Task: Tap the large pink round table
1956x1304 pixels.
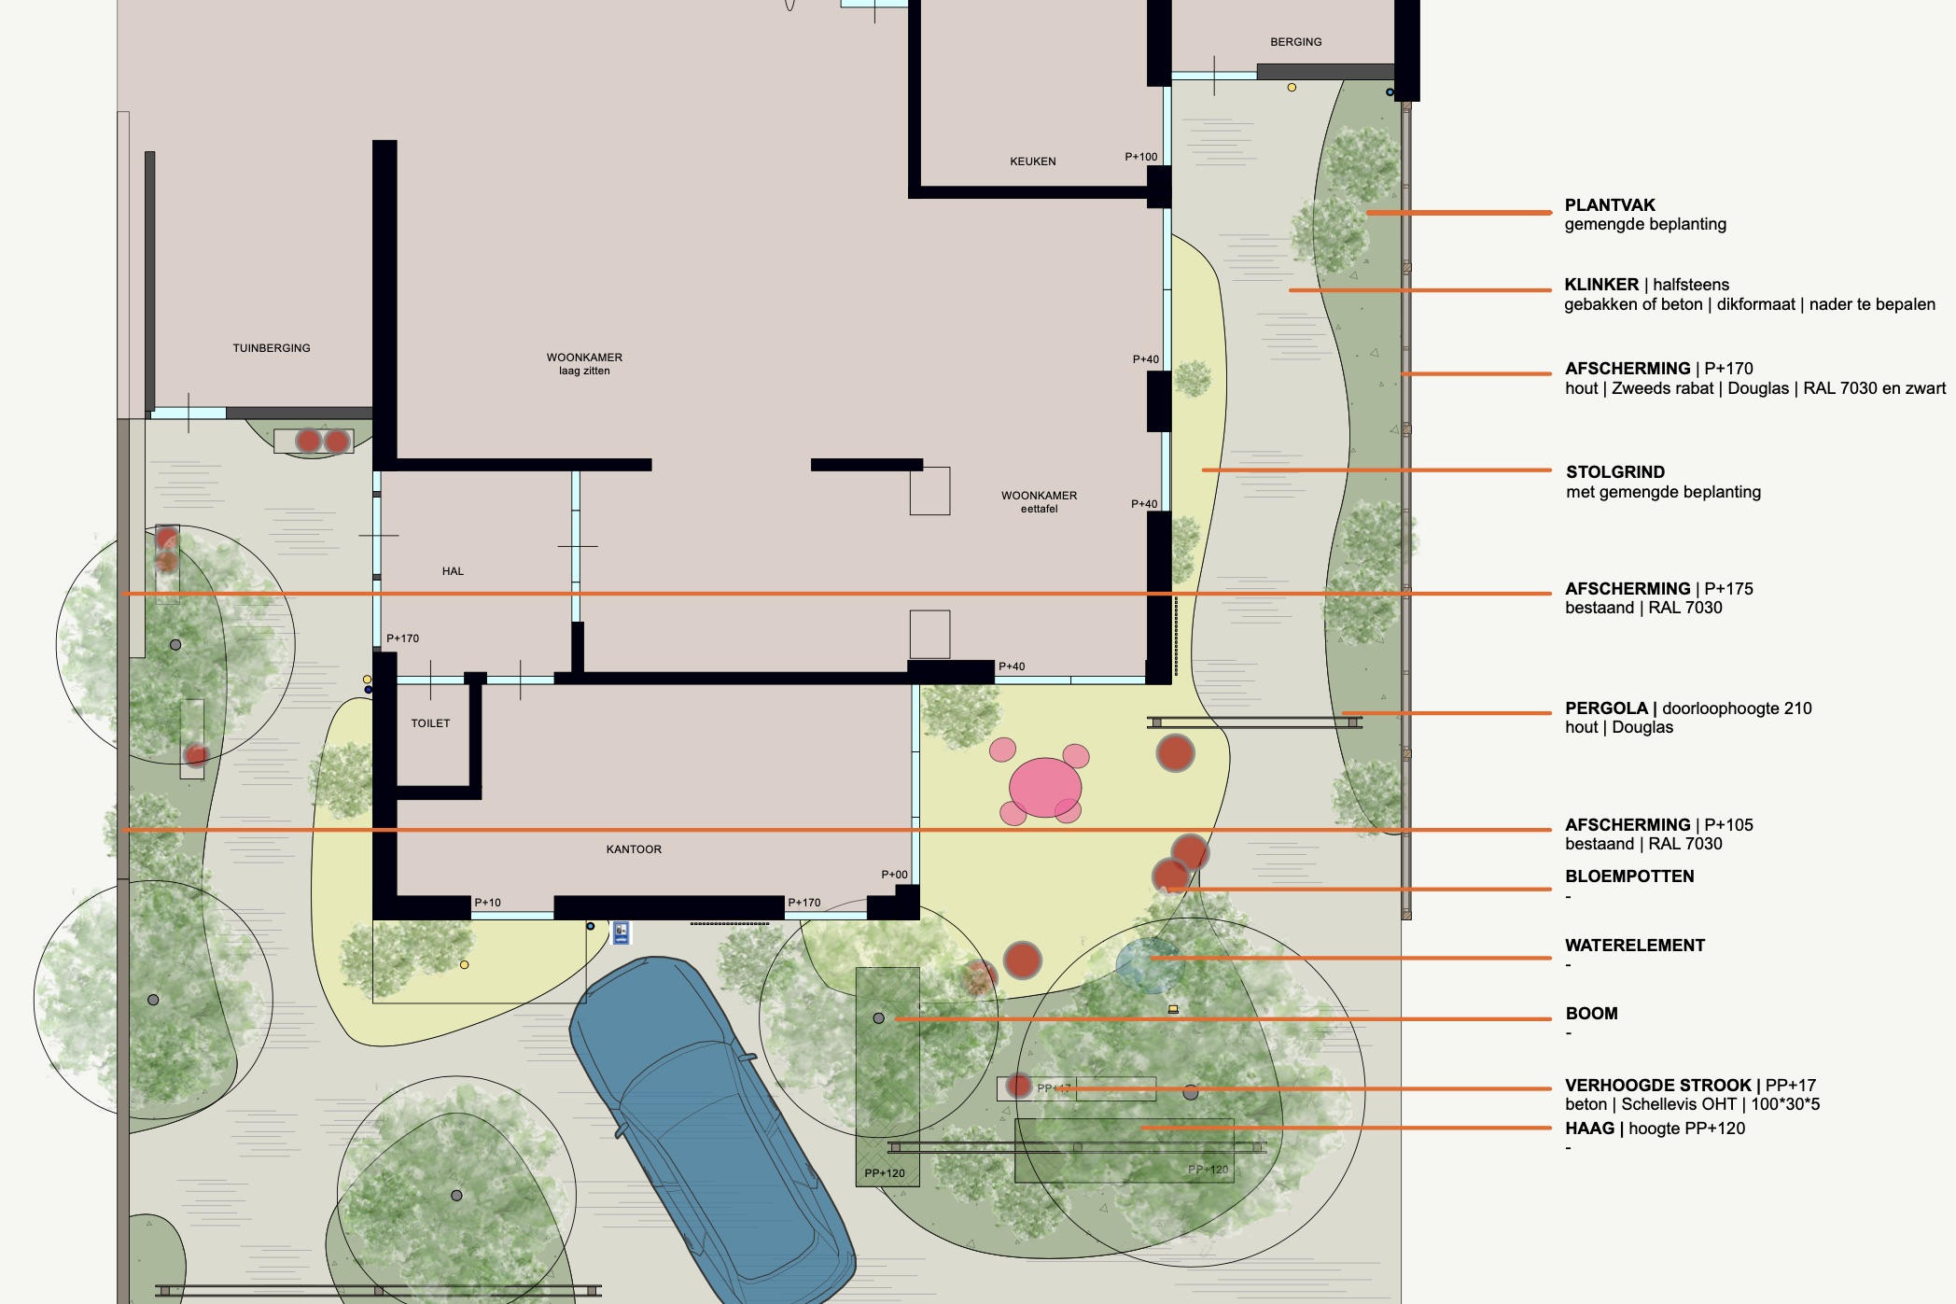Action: coord(1044,787)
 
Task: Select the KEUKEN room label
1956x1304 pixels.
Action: coord(1032,161)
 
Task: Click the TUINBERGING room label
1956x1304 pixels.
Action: coord(272,348)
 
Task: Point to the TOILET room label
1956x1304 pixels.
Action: coord(430,723)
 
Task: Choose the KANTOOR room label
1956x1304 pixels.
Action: coord(634,849)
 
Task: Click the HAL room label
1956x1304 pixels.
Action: coord(453,571)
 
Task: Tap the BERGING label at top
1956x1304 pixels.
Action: coord(1295,42)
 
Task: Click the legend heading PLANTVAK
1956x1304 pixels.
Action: coord(1609,205)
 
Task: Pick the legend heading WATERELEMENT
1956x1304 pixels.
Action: coord(1634,946)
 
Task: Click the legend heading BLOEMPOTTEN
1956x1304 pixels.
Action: coord(1628,876)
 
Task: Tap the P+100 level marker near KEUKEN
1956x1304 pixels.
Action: coord(1140,157)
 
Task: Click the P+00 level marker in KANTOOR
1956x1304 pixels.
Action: coord(894,875)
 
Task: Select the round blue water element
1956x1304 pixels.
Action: coord(1148,964)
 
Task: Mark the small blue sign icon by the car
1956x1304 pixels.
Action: coord(622,932)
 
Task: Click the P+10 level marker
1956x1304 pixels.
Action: coord(487,903)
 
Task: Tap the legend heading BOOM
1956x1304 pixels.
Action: coord(1591,1014)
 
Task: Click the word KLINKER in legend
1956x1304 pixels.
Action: coord(1600,285)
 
